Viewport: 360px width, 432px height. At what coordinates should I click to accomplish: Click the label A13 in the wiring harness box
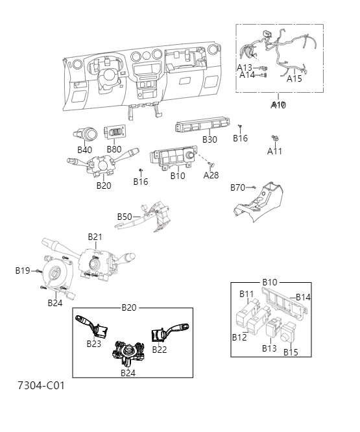click(245, 67)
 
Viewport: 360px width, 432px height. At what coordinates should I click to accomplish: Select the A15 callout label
click(294, 78)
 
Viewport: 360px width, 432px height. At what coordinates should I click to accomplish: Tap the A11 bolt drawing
click(275, 139)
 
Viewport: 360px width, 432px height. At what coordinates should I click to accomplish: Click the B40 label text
click(85, 150)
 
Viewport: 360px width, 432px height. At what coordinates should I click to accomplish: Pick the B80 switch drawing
click(114, 134)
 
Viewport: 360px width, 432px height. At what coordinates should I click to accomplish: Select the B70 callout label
click(238, 187)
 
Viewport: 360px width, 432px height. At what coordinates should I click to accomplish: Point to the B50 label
click(125, 217)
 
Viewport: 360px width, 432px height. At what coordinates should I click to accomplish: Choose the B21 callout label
click(95, 237)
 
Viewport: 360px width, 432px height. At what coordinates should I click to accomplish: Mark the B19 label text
click(23, 270)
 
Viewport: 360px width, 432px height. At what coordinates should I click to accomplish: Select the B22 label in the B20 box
click(160, 350)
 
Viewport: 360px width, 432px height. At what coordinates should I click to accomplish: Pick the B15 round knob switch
click(289, 334)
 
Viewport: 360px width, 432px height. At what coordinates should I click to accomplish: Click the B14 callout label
click(304, 297)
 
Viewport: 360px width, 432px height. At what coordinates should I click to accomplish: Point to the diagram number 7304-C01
click(41, 385)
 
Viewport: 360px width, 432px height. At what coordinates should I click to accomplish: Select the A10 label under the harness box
click(278, 104)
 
